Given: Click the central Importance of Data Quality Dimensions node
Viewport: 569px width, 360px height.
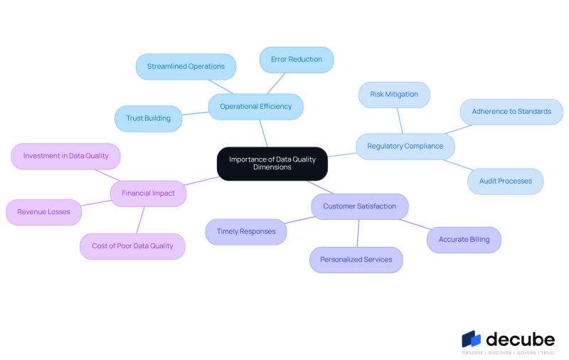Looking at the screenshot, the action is click(x=272, y=164).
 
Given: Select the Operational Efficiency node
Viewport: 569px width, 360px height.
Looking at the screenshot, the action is click(x=256, y=107).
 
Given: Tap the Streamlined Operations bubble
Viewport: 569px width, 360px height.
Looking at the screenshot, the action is click(x=186, y=67).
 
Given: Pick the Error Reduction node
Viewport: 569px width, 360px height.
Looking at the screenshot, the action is click(x=297, y=60).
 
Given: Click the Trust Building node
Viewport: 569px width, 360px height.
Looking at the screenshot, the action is click(x=149, y=119).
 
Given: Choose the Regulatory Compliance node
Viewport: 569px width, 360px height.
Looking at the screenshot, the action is click(x=405, y=147).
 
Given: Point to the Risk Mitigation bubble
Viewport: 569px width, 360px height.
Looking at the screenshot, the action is click(x=394, y=95).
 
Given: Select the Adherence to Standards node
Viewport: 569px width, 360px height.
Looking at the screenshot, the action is click(x=511, y=112).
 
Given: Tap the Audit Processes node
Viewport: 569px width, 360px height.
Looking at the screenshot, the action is click(x=506, y=181).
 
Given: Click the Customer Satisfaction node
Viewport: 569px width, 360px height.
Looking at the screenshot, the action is click(x=360, y=206).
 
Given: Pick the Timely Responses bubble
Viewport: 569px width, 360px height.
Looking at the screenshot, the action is click(x=246, y=231).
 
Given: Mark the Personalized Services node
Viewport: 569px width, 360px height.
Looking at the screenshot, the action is click(x=356, y=260).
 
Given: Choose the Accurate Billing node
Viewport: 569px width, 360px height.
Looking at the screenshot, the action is click(x=464, y=240).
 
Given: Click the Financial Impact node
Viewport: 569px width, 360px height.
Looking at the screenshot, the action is click(x=148, y=194).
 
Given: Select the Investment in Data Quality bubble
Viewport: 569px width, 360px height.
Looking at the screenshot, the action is click(x=65, y=156).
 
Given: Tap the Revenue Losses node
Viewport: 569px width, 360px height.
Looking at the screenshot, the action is click(x=43, y=212).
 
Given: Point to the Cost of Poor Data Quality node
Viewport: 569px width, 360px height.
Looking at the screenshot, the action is click(x=132, y=246).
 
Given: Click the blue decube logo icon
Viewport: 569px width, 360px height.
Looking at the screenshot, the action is click(x=471, y=339).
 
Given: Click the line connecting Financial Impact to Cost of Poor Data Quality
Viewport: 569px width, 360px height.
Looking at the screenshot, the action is click(x=140, y=220).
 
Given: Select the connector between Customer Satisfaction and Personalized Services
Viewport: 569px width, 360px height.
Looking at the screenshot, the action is click(x=358, y=233).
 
